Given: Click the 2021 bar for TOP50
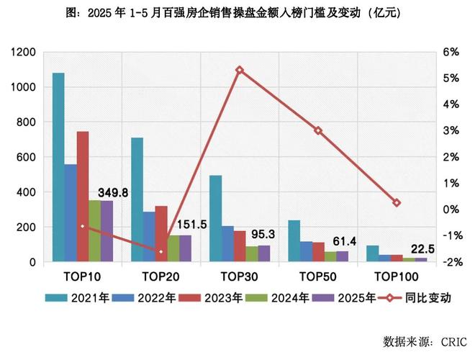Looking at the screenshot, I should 294,241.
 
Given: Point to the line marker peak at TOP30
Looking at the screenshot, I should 240,70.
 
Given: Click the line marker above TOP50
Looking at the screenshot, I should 318,130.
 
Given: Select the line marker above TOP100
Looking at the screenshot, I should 397,203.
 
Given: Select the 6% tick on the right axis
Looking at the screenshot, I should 451,53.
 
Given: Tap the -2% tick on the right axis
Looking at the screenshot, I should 451,263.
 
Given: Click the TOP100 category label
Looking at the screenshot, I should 397,276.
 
